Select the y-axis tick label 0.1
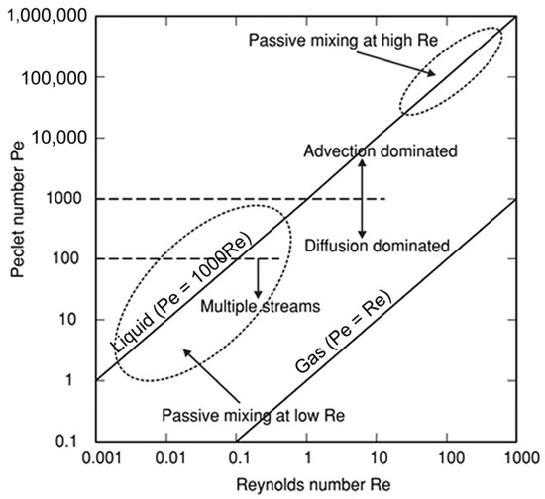(x=76, y=440)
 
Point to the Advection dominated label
(x=380, y=152)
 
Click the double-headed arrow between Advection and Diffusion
(x=362, y=198)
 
